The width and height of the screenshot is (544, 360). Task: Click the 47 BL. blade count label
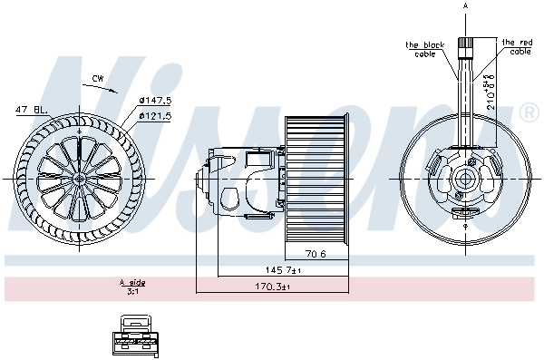(29, 111)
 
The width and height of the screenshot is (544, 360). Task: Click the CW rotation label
(97, 79)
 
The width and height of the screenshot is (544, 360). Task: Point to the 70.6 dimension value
(316, 254)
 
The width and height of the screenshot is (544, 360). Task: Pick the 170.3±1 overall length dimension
(272, 287)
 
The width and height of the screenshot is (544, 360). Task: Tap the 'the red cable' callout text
(517, 46)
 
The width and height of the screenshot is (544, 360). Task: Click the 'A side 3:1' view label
(133, 287)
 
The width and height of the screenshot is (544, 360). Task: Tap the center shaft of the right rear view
(467, 179)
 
